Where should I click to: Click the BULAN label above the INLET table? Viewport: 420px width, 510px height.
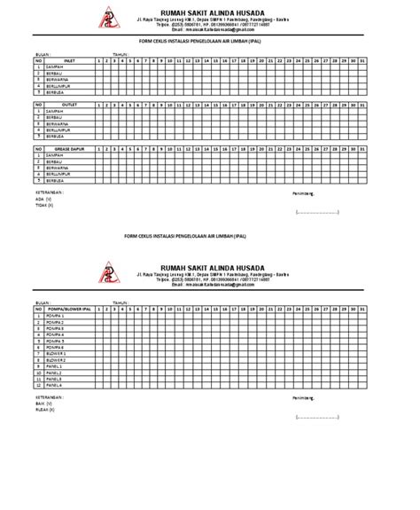point(42,52)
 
